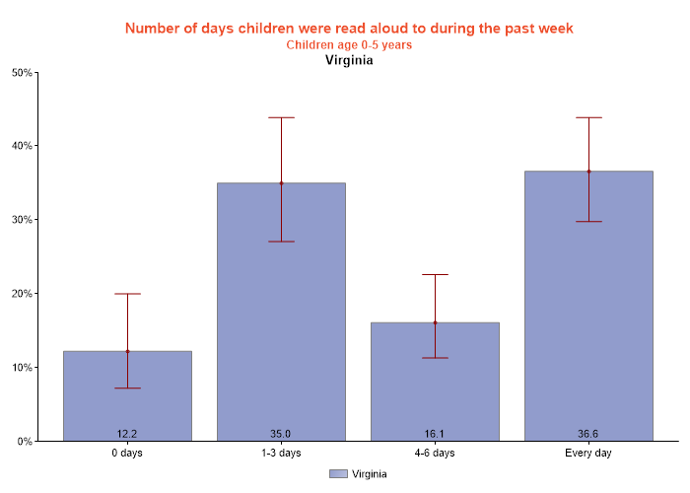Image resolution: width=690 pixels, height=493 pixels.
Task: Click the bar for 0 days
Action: point(127,395)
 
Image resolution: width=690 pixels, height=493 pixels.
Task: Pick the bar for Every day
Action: point(588,306)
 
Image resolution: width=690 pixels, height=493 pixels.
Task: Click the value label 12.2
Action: point(127,433)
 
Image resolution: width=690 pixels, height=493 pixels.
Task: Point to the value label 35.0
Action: point(281,433)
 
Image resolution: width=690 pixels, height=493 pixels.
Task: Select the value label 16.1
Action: point(435,433)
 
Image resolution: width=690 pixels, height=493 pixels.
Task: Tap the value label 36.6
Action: point(588,433)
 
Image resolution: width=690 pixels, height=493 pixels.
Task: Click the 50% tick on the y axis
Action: point(22,73)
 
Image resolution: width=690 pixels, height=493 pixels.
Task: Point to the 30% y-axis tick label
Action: point(22,220)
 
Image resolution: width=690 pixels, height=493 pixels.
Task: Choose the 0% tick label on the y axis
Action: point(25,442)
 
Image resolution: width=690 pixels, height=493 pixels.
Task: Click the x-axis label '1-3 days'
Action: point(281,454)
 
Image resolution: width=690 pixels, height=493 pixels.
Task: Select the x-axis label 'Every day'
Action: point(588,454)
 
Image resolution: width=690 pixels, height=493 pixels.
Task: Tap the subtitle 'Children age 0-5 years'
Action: point(349,44)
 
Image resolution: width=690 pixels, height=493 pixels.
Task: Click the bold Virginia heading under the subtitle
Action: point(349,60)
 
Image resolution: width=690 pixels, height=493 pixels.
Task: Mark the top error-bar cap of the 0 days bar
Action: point(127,294)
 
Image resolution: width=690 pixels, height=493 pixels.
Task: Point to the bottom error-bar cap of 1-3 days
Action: point(281,242)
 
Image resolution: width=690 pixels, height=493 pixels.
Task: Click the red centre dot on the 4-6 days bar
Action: point(435,322)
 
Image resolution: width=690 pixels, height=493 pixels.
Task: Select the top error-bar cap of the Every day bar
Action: point(588,117)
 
